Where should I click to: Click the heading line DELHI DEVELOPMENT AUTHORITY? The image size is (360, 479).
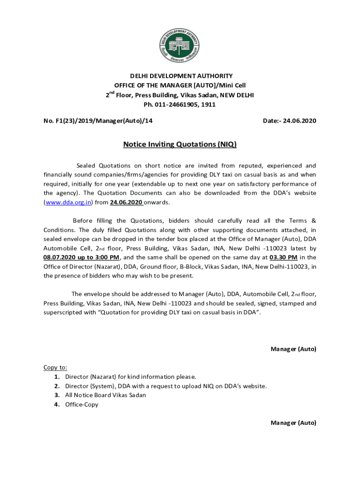[180, 76]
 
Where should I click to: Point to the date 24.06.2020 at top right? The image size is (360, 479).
[298, 121]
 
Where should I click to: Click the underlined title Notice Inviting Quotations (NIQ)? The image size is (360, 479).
[180, 145]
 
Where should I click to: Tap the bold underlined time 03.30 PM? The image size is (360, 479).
[283, 257]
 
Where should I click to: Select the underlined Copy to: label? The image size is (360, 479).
[55, 367]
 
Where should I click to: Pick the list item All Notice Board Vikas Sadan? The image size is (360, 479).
[105, 395]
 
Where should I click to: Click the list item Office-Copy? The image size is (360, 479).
[81, 404]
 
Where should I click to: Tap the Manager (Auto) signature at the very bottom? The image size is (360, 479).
[293, 422]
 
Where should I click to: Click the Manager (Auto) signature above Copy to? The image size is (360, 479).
[293, 348]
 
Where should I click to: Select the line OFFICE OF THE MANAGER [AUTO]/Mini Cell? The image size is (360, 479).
[180, 85]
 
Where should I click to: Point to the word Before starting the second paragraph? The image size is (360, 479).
[83, 220]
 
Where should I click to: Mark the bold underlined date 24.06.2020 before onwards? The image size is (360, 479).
[126, 202]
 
